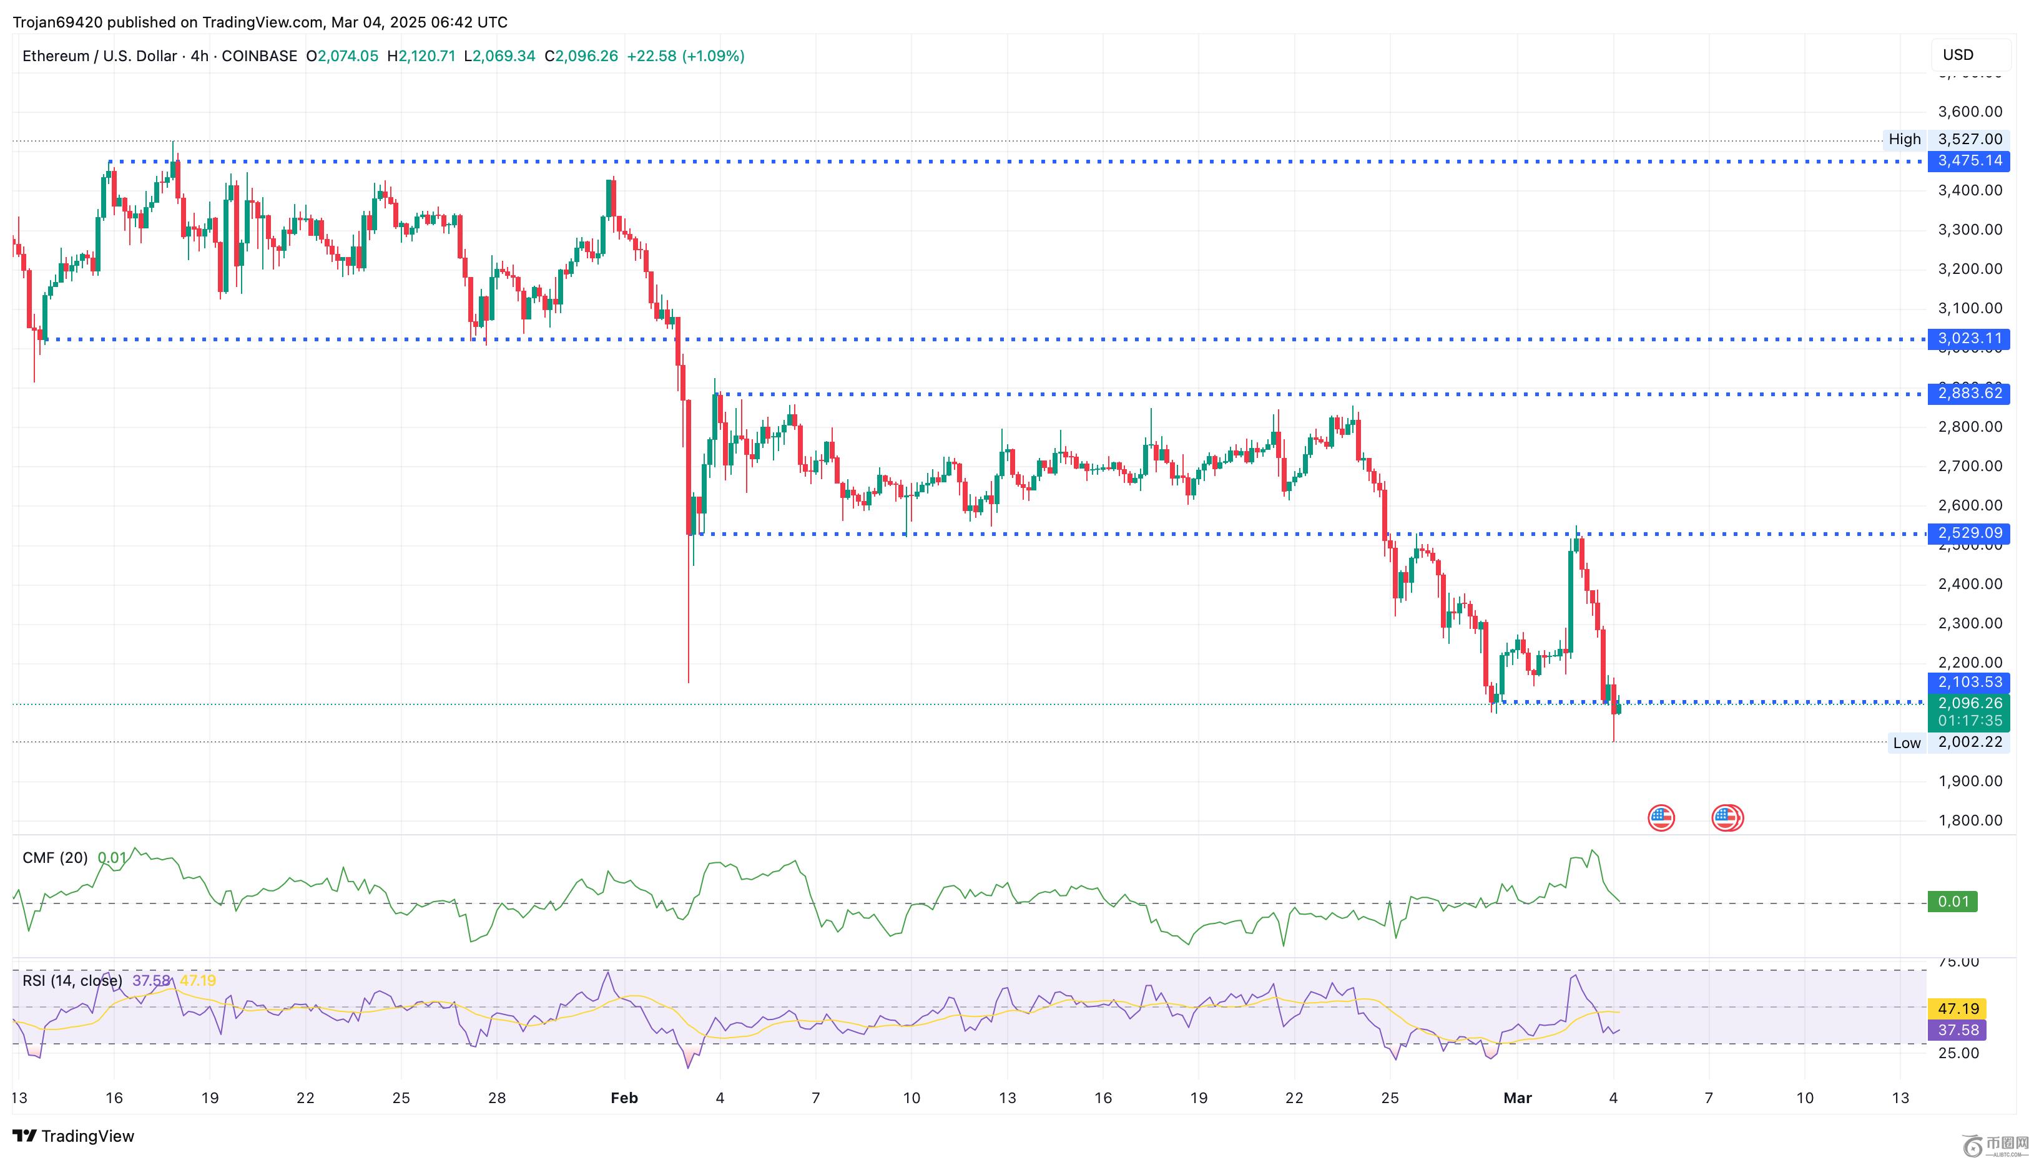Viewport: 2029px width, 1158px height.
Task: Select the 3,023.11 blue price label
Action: point(1968,339)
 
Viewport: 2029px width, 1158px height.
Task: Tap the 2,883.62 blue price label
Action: point(1968,394)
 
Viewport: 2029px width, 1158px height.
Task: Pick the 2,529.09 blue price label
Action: point(1968,533)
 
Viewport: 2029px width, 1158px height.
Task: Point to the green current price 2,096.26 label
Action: point(1968,704)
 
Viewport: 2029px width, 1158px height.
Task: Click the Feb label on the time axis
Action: point(624,1098)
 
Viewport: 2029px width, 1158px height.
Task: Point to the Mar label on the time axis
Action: point(1517,1098)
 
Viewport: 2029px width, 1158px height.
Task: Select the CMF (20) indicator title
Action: point(55,858)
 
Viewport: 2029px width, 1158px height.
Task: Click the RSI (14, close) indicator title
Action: point(72,981)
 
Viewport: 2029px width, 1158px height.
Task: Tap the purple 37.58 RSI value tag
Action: point(1957,1031)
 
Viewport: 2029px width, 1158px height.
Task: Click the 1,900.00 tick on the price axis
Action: point(1969,781)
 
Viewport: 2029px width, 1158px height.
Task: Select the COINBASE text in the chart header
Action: point(258,56)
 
